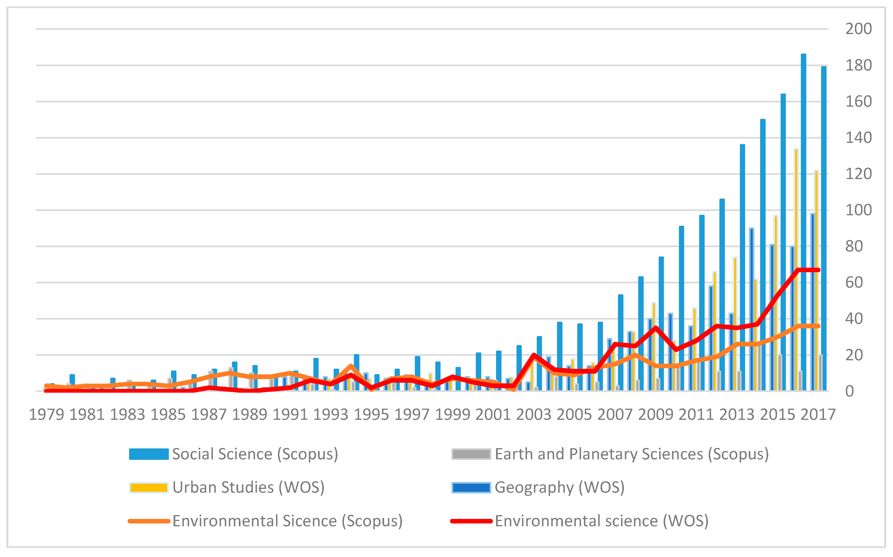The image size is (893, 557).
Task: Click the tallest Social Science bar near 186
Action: coord(803,221)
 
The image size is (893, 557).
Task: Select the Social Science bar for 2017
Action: coord(823,228)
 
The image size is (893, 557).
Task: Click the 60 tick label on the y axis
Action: coord(854,283)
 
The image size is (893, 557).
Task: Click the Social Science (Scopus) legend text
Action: coord(255,454)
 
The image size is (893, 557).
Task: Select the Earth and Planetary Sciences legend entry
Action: coord(632,454)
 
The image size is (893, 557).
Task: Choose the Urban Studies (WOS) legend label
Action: coord(248,487)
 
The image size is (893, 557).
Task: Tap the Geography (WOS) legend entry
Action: coord(559,487)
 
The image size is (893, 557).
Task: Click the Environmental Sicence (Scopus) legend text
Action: coord(287,521)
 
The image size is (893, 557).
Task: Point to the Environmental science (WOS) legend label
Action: coord(601,521)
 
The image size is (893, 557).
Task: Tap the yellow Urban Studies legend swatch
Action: coord(149,487)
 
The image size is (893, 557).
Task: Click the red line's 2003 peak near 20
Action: coord(534,355)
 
